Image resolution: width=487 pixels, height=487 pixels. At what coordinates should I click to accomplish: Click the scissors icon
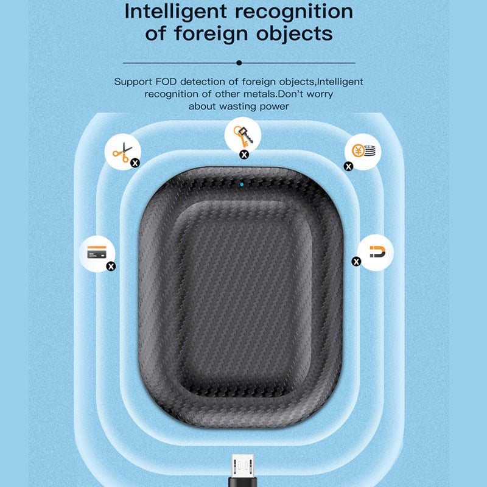click(x=122, y=153)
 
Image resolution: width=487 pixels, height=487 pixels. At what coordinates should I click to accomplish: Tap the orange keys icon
click(x=243, y=136)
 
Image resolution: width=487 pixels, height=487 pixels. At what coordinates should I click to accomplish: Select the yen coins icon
click(x=363, y=151)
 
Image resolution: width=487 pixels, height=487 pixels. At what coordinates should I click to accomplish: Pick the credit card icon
click(x=97, y=252)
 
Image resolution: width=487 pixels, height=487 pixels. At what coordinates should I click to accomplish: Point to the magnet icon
click(x=377, y=251)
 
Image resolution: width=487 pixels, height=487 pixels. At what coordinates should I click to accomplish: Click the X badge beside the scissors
click(x=135, y=163)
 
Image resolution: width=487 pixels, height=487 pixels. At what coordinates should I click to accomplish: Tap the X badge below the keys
click(x=245, y=155)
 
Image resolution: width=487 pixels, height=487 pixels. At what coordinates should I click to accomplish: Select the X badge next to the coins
click(x=348, y=166)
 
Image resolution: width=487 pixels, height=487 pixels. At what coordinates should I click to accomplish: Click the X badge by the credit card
click(x=111, y=266)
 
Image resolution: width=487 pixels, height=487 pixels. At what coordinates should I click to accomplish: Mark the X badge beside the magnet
click(x=356, y=262)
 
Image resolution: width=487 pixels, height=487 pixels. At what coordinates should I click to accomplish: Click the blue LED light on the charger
click(x=242, y=184)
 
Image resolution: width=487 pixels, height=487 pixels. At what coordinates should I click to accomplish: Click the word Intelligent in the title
click(x=176, y=12)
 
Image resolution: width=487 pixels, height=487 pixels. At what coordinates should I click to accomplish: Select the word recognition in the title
click(x=294, y=12)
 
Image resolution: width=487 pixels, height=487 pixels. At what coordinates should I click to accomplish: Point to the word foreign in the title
click(x=211, y=33)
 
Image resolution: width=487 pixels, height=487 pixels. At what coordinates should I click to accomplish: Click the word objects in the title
click(x=295, y=33)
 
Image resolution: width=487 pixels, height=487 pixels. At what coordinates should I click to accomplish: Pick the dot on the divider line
click(x=239, y=63)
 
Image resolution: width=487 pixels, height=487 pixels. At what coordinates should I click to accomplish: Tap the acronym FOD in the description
click(x=166, y=82)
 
